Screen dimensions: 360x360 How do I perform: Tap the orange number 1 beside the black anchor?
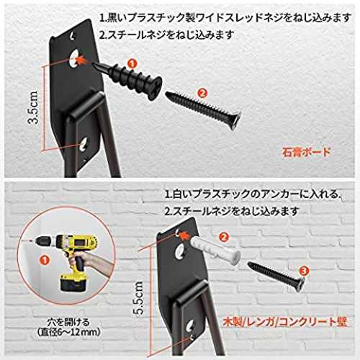132,63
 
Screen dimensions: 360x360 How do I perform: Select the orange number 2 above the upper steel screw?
202,93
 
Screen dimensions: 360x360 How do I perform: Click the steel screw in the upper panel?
203,109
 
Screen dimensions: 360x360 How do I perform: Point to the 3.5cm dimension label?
33,107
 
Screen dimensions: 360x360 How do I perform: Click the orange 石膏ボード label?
306,152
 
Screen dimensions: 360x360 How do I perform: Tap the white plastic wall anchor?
215,249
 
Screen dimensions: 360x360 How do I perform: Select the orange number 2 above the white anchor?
224,238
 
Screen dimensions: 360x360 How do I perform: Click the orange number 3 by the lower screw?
304,271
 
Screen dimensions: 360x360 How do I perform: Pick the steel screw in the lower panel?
276,276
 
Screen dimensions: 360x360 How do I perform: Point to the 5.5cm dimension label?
138,298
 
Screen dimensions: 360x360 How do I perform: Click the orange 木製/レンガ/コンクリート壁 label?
285,323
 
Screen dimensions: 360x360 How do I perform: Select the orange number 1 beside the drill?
45,260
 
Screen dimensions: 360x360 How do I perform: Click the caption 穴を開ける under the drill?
68,323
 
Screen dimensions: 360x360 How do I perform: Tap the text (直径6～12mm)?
68,333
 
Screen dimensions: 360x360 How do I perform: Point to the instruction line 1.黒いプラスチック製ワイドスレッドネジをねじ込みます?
225,18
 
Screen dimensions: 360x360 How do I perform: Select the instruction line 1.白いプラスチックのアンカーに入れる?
253,194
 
